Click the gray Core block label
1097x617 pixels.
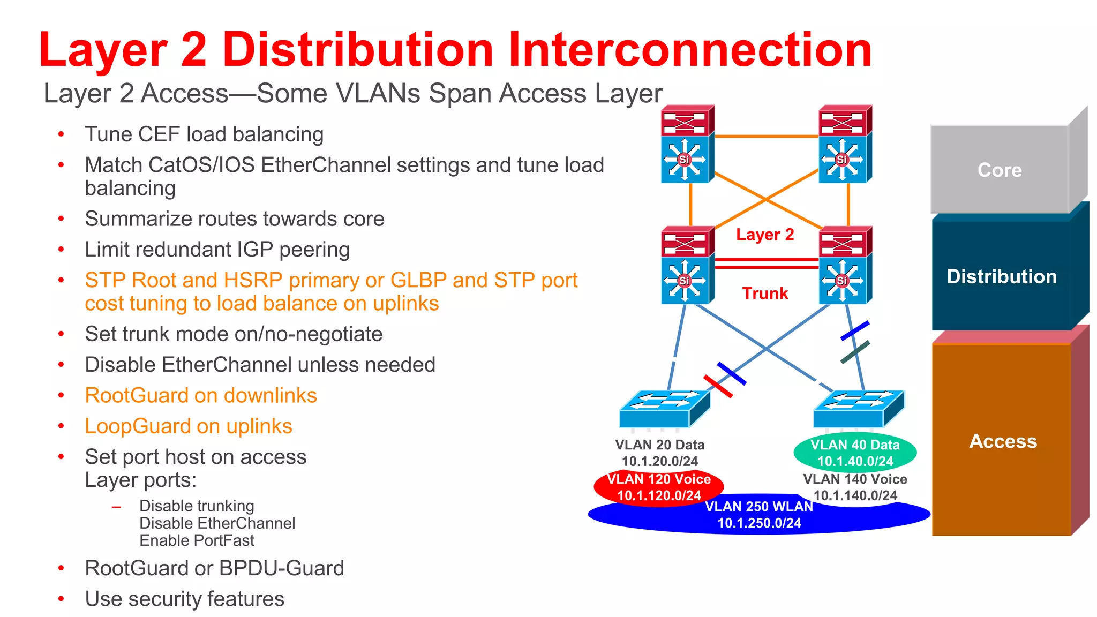pos(1000,170)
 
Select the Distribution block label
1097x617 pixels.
pos(1001,276)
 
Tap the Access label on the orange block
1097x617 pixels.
pos(1003,441)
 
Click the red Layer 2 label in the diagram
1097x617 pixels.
pos(764,235)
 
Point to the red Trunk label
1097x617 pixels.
pos(765,294)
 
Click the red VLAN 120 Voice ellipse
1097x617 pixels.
pos(659,487)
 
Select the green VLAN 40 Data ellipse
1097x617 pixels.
pos(855,453)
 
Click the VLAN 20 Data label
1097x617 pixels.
pos(659,445)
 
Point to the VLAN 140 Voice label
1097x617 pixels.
pos(855,479)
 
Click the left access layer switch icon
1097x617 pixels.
pos(664,409)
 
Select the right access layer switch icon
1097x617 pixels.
pos(858,409)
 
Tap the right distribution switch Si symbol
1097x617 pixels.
pos(842,280)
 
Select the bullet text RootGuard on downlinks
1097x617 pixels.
pos(201,395)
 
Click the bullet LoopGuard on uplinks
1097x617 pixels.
pos(189,426)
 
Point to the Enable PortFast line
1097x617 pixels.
pos(197,540)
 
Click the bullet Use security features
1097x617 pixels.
pos(184,599)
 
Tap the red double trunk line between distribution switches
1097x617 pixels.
pos(767,263)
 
